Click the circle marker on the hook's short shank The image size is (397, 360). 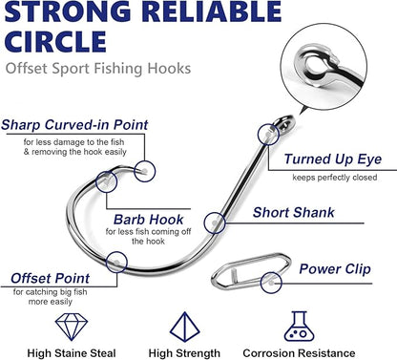[x=217, y=222]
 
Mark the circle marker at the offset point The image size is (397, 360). [x=116, y=260]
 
